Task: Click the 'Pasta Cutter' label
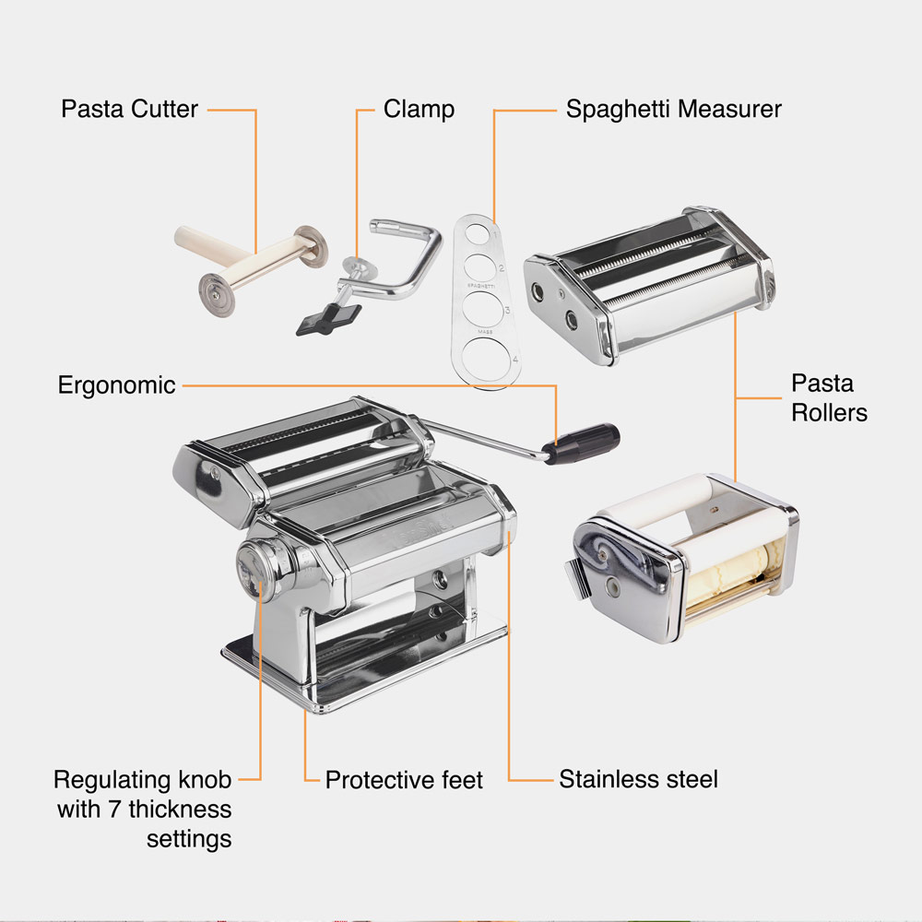tap(129, 109)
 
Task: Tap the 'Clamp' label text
tap(419, 109)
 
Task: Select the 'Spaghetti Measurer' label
tap(673, 109)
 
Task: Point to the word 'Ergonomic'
tap(116, 384)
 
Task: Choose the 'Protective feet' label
tap(404, 780)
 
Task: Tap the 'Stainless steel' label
tap(638, 779)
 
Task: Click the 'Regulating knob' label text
tap(142, 780)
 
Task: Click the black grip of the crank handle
tap(582, 442)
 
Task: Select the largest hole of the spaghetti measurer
tap(482, 355)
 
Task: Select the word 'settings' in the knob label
tap(189, 840)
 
